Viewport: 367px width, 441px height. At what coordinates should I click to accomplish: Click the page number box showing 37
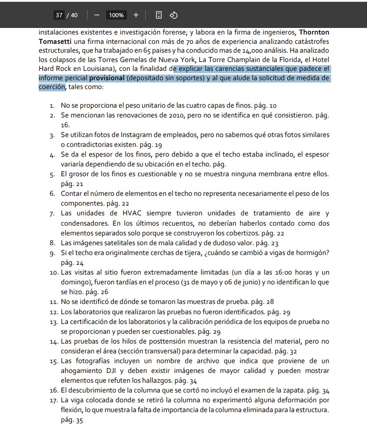pos(59,15)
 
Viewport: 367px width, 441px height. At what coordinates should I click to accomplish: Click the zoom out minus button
pos(97,15)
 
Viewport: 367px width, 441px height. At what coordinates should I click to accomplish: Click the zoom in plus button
pos(136,15)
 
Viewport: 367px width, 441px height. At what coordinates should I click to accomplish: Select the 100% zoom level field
pos(116,15)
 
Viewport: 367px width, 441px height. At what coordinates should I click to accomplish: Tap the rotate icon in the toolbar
pos(173,15)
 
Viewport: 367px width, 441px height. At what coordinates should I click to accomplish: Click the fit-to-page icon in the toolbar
pos(158,15)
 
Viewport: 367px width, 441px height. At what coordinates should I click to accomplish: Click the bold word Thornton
pos(314,32)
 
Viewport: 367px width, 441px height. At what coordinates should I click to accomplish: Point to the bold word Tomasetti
pos(55,41)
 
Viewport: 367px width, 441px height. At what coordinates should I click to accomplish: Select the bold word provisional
pos(107,78)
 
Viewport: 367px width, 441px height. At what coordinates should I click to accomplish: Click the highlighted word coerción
pos(52,87)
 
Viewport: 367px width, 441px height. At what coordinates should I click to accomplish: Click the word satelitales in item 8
pos(116,243)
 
